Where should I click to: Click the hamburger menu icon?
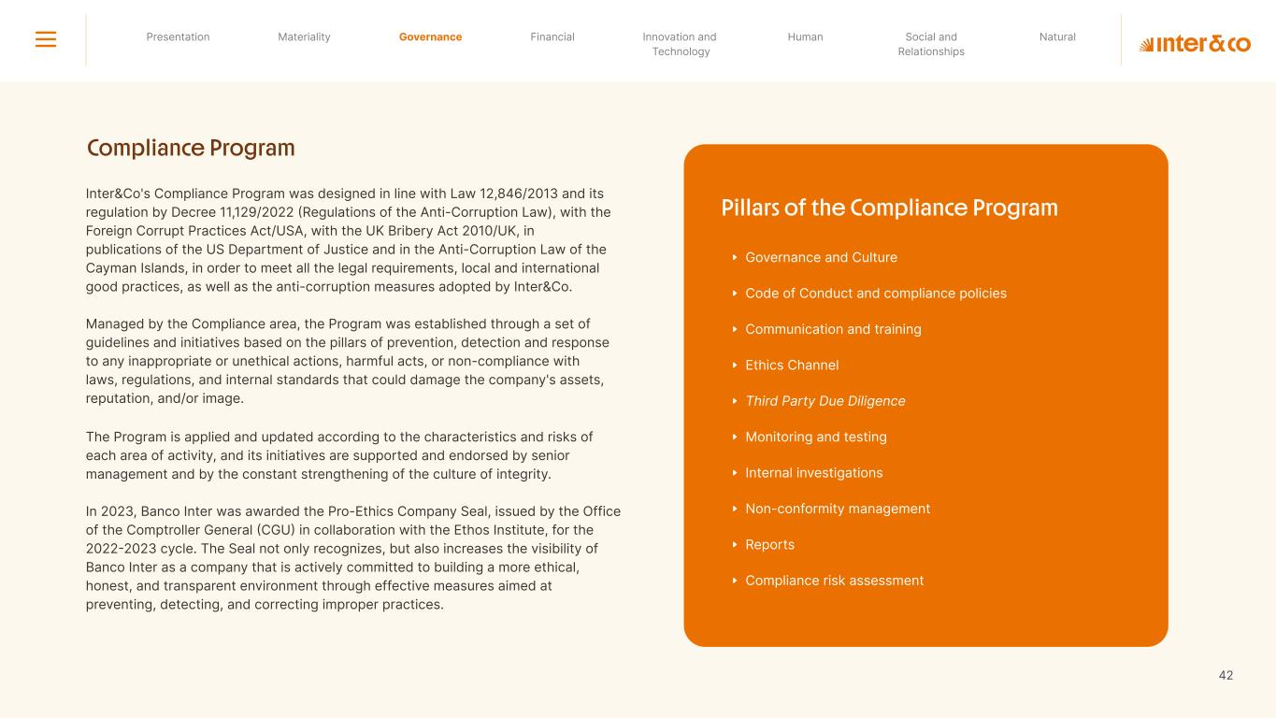46,39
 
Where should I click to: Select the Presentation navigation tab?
178,37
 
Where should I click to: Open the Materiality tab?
304,37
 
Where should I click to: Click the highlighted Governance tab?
430,37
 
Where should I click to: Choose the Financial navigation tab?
552,37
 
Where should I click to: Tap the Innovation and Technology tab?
680,44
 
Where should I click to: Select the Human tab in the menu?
805,37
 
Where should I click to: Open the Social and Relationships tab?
931,44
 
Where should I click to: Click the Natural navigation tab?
1057,37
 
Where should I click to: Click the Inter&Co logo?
1195,44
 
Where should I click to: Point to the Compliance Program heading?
191,149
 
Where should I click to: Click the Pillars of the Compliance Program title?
889,208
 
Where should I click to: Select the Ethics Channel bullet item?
791,366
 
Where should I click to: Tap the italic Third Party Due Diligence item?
824,401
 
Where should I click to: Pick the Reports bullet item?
769,545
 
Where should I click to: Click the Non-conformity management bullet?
837,509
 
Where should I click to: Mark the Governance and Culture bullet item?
821,258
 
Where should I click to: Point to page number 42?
1226,675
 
